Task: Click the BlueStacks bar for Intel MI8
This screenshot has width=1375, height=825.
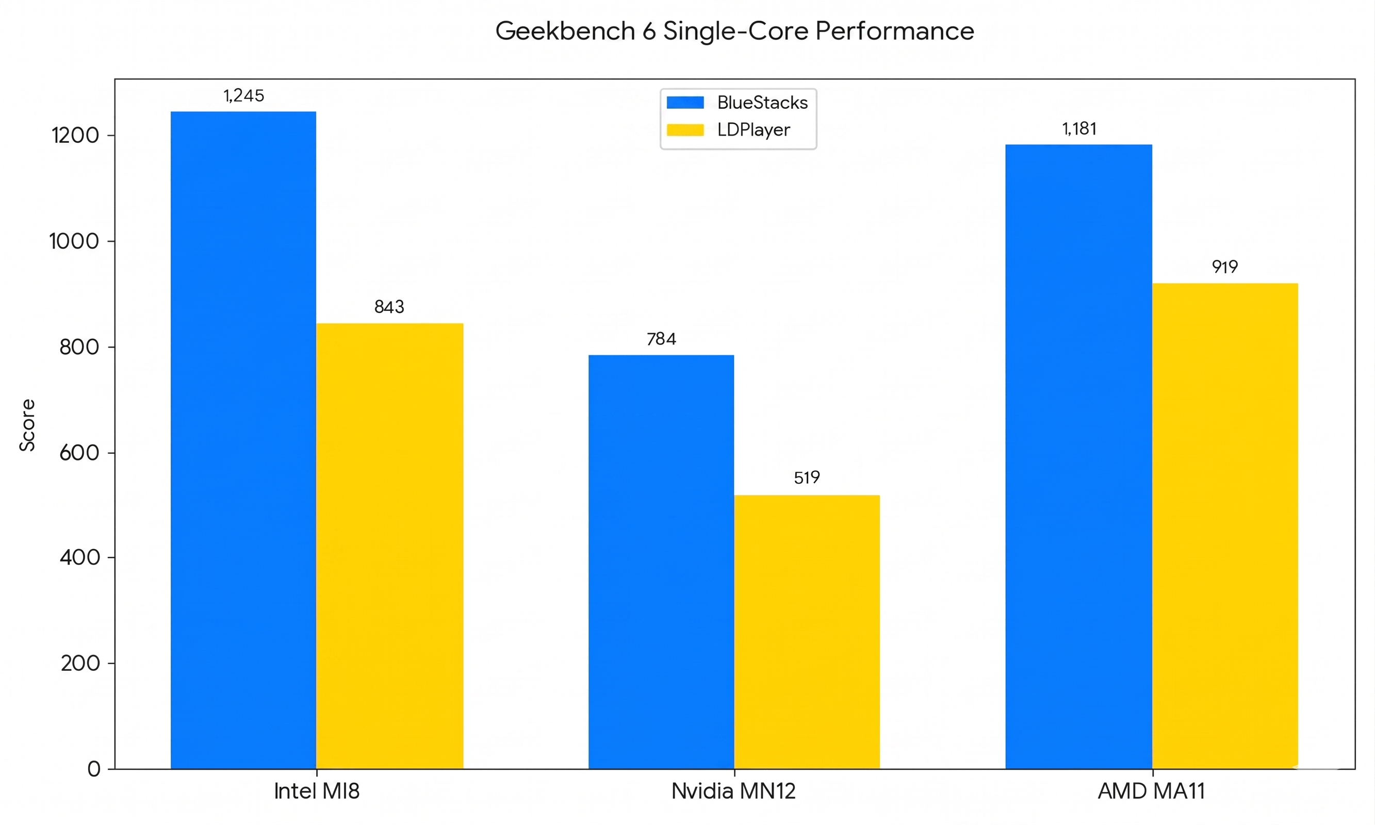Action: point(243,439)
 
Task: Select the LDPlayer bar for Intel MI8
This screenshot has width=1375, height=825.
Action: point(389,546)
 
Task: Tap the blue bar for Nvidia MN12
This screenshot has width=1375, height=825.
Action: point(661,562)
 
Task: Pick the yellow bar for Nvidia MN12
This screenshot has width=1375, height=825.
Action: point(806,632)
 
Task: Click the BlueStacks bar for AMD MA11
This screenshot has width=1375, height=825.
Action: point(1078,456)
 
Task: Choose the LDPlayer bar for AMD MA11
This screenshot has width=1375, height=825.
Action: point(1224,525)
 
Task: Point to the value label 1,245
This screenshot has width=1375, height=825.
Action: point(243,95)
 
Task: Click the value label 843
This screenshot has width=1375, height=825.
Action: point(389,307)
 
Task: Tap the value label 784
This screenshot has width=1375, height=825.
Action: point(661,339)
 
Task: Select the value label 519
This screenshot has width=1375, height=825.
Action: point(806,477)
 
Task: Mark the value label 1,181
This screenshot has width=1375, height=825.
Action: point(1078,129)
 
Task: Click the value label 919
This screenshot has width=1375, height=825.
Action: point(1224,267)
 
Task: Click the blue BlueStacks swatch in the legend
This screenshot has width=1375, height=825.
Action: point(684,103)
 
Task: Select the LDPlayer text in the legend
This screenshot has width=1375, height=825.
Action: point(753,130)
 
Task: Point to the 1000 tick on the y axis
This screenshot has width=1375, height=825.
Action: point(74,241)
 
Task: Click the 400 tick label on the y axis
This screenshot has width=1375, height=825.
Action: point(79,557)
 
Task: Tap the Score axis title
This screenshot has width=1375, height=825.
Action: point(27,425)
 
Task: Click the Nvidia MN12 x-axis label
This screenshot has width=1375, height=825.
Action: point(733,791)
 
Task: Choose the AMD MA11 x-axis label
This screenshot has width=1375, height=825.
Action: point(1151,791)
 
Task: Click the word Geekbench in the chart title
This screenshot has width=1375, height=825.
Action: point(564,31)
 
